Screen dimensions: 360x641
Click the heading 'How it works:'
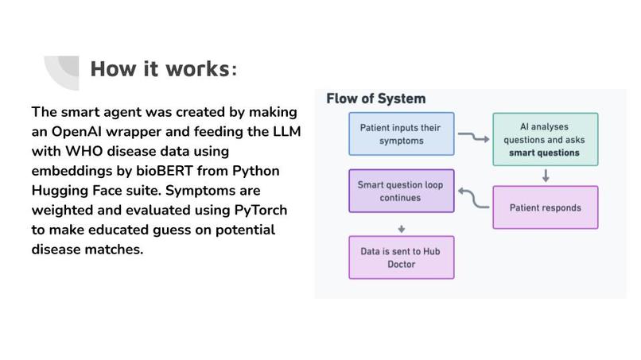(163, 69)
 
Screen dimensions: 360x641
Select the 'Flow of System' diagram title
(375, 99)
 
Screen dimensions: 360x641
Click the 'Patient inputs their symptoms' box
(402, 134)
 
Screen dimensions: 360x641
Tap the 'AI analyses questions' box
(545, 139)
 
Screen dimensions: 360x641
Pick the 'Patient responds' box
(545, 207)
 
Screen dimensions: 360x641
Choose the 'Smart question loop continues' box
(402, 191)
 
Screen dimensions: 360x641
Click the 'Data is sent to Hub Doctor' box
(402, 257)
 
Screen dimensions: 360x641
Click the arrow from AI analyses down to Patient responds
(546, 176)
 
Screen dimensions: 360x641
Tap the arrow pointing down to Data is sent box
(402, 229)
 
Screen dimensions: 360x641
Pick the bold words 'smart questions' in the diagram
(545, 153)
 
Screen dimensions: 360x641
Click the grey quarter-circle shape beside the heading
(60, 72)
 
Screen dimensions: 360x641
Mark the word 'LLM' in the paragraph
(284, 131)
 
